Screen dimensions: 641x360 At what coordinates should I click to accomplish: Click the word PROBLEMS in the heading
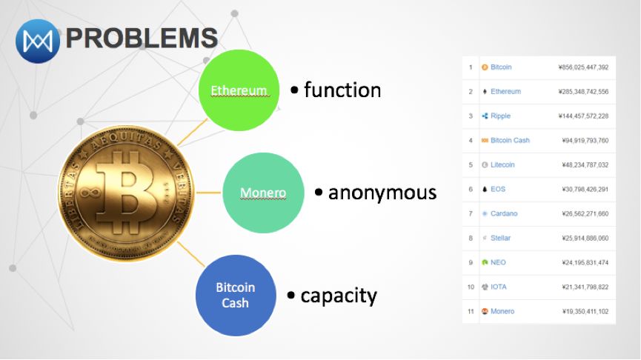tap(142, 38)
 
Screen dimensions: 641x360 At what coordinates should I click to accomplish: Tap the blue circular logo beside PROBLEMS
tap(38, 39)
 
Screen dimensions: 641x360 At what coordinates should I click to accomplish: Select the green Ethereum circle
tap(239, 90)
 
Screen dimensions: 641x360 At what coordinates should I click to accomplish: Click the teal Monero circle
tap(263, 193)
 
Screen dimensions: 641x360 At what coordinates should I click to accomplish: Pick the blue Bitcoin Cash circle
tap(235, 295)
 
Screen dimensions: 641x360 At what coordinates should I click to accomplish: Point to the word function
tap(342, 90)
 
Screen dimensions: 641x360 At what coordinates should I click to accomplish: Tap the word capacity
tap(338, 296)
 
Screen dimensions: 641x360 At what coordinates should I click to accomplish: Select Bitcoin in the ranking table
tap(501, 67)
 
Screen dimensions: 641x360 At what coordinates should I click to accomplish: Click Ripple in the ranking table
tap(500, 116)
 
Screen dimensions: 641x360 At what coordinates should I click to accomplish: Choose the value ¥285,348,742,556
tap(583, 92)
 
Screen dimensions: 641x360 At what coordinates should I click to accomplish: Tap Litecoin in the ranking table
tap(502, 164)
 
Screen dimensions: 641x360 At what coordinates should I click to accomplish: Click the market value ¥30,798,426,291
tap(585, 189)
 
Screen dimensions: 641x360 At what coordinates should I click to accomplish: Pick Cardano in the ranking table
tap(504, 213)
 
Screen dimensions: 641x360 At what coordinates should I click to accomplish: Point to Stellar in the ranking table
tap(500, 238)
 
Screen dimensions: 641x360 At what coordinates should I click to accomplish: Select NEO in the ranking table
tap(498, 262)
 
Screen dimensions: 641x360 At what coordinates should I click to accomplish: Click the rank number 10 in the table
tap(471, 287)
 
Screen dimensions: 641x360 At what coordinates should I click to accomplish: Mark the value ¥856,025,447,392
tap(583, 67)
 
